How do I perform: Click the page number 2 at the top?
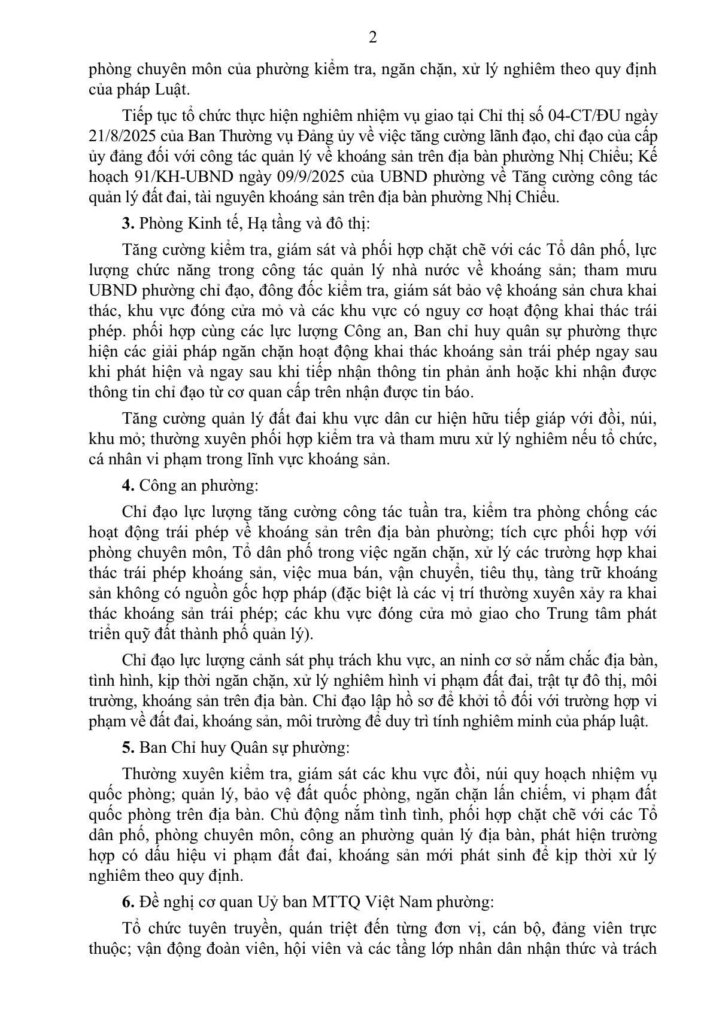pyautogui.click(x=372, y=38)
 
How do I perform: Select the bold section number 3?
pyautogui.click(x=127, y=224)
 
